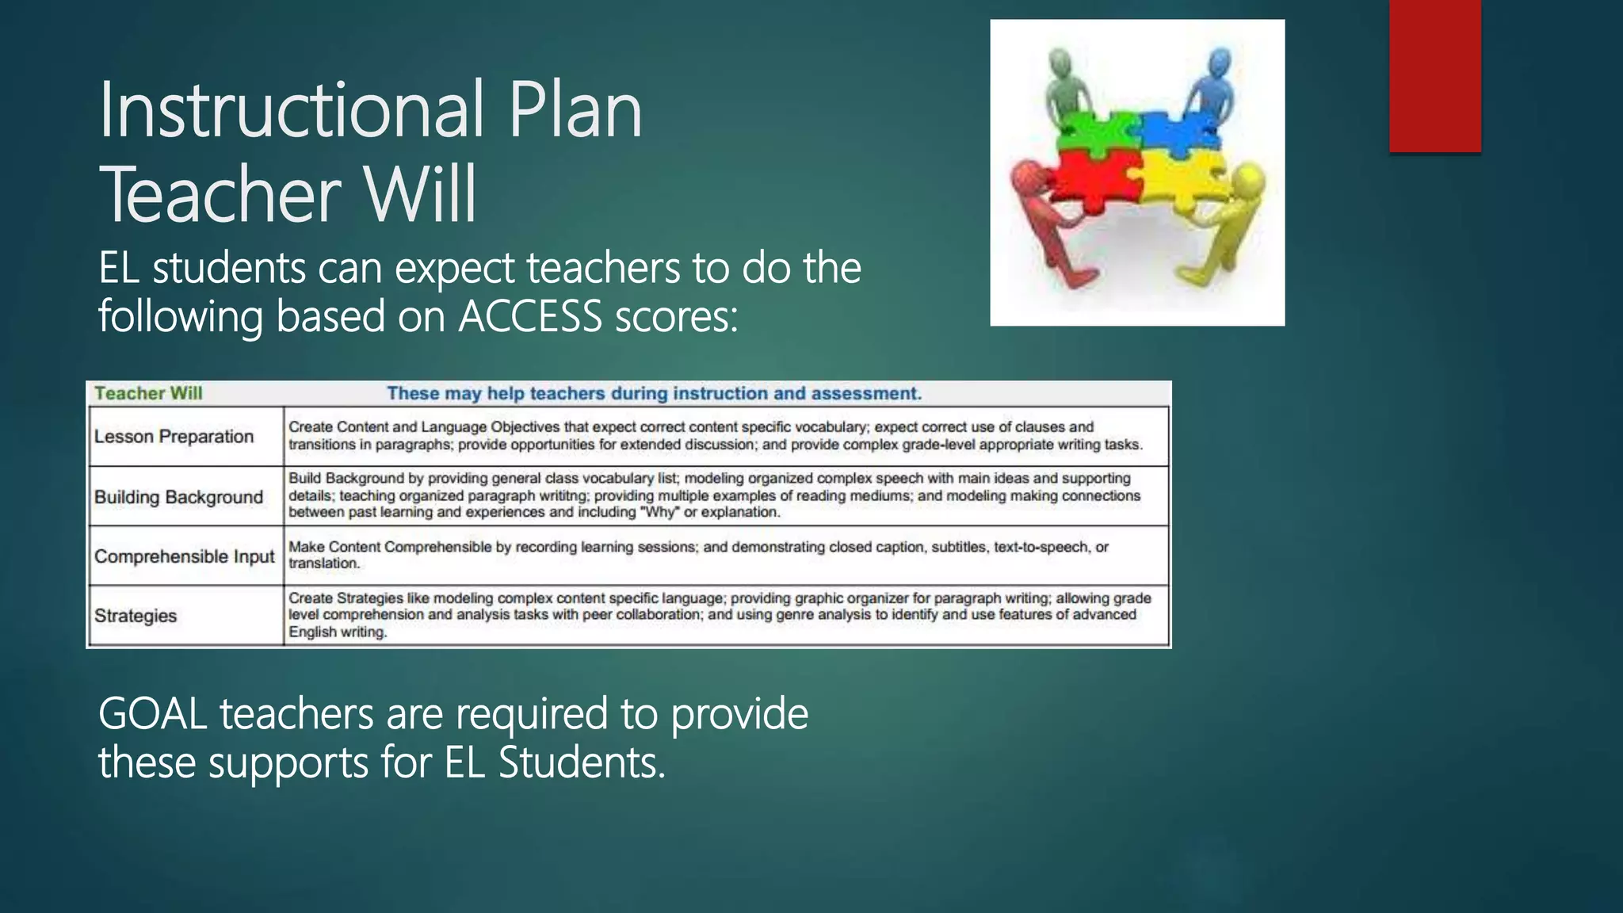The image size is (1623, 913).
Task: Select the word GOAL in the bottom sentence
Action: click(153, 713)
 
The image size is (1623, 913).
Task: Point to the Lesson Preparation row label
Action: click(174, 437)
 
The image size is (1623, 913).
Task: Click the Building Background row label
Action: click(178, 497)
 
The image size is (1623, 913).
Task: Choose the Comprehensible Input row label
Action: click(184, 556)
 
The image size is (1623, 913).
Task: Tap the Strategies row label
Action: click(136, 616)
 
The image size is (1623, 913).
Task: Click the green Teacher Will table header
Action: click(148, 393)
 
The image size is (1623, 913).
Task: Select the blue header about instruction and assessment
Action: click(654, 393)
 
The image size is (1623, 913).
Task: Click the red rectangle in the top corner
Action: click(1434, 75)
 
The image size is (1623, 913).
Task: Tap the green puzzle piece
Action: click(1098, 131)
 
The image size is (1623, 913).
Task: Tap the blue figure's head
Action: click(1220, 61)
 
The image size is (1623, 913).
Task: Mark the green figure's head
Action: click(1060, 61)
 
